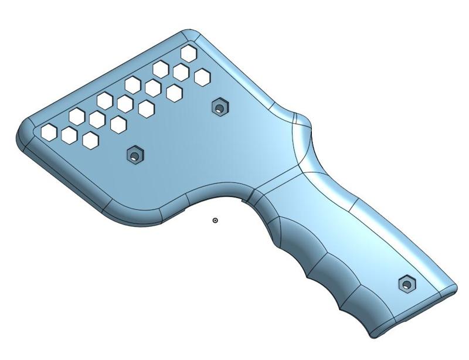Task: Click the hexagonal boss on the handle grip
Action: [406, 284]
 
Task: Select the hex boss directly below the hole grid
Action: [135, 155]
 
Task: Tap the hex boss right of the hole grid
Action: [219, 107]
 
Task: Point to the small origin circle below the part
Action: [215, 220]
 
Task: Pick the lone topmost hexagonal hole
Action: [189, 53]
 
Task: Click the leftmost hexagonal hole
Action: [49, 132]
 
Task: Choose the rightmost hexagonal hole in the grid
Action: [202, 77]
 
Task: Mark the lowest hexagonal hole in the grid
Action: [90, 140]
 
